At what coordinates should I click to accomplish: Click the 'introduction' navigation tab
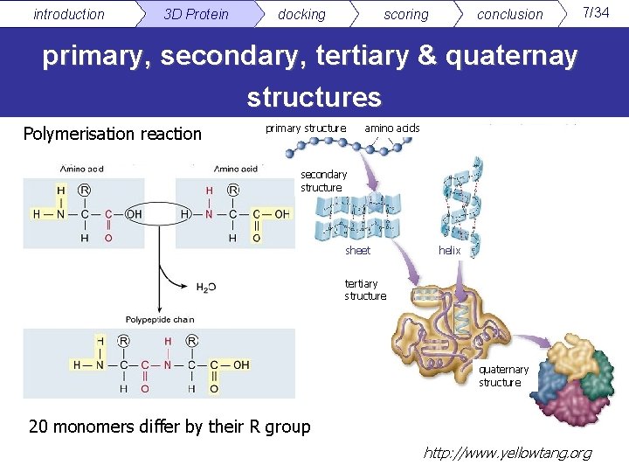[68, 14]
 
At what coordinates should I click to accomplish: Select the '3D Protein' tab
[196, 14]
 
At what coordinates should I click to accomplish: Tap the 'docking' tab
[301, 14]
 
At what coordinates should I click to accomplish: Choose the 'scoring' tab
[406, 14]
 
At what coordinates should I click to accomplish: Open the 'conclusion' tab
[509, 14]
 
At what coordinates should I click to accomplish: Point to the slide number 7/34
[596, 12]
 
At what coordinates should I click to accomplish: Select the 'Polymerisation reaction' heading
[112, 134]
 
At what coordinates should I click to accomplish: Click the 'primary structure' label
[305, 128]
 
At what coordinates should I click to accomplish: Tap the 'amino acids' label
[392, 128]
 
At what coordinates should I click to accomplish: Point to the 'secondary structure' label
[323, 181]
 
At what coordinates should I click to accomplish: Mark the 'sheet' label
[357, 251]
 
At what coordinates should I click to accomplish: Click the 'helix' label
[449, 251]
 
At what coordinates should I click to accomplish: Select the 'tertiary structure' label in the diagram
[364, 289]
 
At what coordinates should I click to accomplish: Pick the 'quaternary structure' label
[503, 376]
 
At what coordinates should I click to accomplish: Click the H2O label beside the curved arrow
[205, 288]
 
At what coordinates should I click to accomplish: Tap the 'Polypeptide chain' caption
[159, 321]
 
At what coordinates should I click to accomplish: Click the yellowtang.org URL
[507, 453]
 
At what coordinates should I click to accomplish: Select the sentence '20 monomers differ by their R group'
[169, 427]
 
